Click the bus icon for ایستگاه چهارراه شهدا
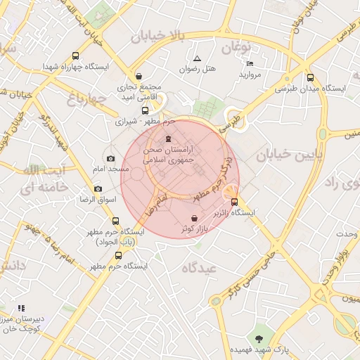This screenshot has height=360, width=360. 76,56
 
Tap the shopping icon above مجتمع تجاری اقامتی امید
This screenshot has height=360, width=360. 139,77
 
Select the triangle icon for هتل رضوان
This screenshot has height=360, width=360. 197,58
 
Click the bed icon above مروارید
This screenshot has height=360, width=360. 250,63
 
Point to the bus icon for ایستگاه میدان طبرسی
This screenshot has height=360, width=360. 311,78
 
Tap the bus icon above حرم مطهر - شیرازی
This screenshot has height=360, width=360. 146,110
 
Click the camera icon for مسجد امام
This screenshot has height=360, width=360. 110,159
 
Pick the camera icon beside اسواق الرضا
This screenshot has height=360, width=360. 98,189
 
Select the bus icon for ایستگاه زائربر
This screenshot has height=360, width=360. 235,202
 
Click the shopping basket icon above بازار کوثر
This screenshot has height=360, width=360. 194,219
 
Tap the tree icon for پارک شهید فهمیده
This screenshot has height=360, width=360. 259,338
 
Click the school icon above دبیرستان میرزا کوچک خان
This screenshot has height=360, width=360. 21,308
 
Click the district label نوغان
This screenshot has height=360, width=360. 236,47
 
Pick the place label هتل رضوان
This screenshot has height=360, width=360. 198,69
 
